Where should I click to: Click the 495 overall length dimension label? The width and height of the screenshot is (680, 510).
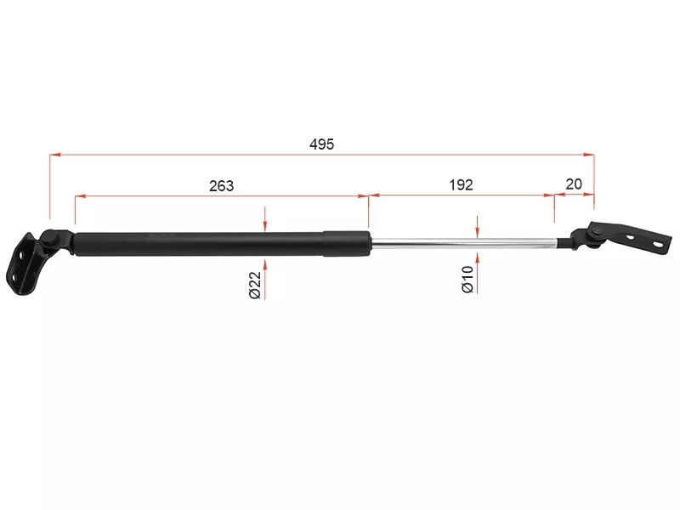[x=322, y=144]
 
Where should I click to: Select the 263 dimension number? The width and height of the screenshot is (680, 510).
[x=221, y=185]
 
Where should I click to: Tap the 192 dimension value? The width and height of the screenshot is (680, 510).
[x=461, y=184]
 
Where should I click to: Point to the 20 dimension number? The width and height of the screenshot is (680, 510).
[x=574, y=184]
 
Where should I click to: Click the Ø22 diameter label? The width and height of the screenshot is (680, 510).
[x=256, y=285]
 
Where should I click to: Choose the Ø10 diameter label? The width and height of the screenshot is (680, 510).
[x=467, y=280]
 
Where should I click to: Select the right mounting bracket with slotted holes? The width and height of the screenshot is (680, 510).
[x=633, y=237]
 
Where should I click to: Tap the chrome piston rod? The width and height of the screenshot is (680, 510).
[x=464, y=244]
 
